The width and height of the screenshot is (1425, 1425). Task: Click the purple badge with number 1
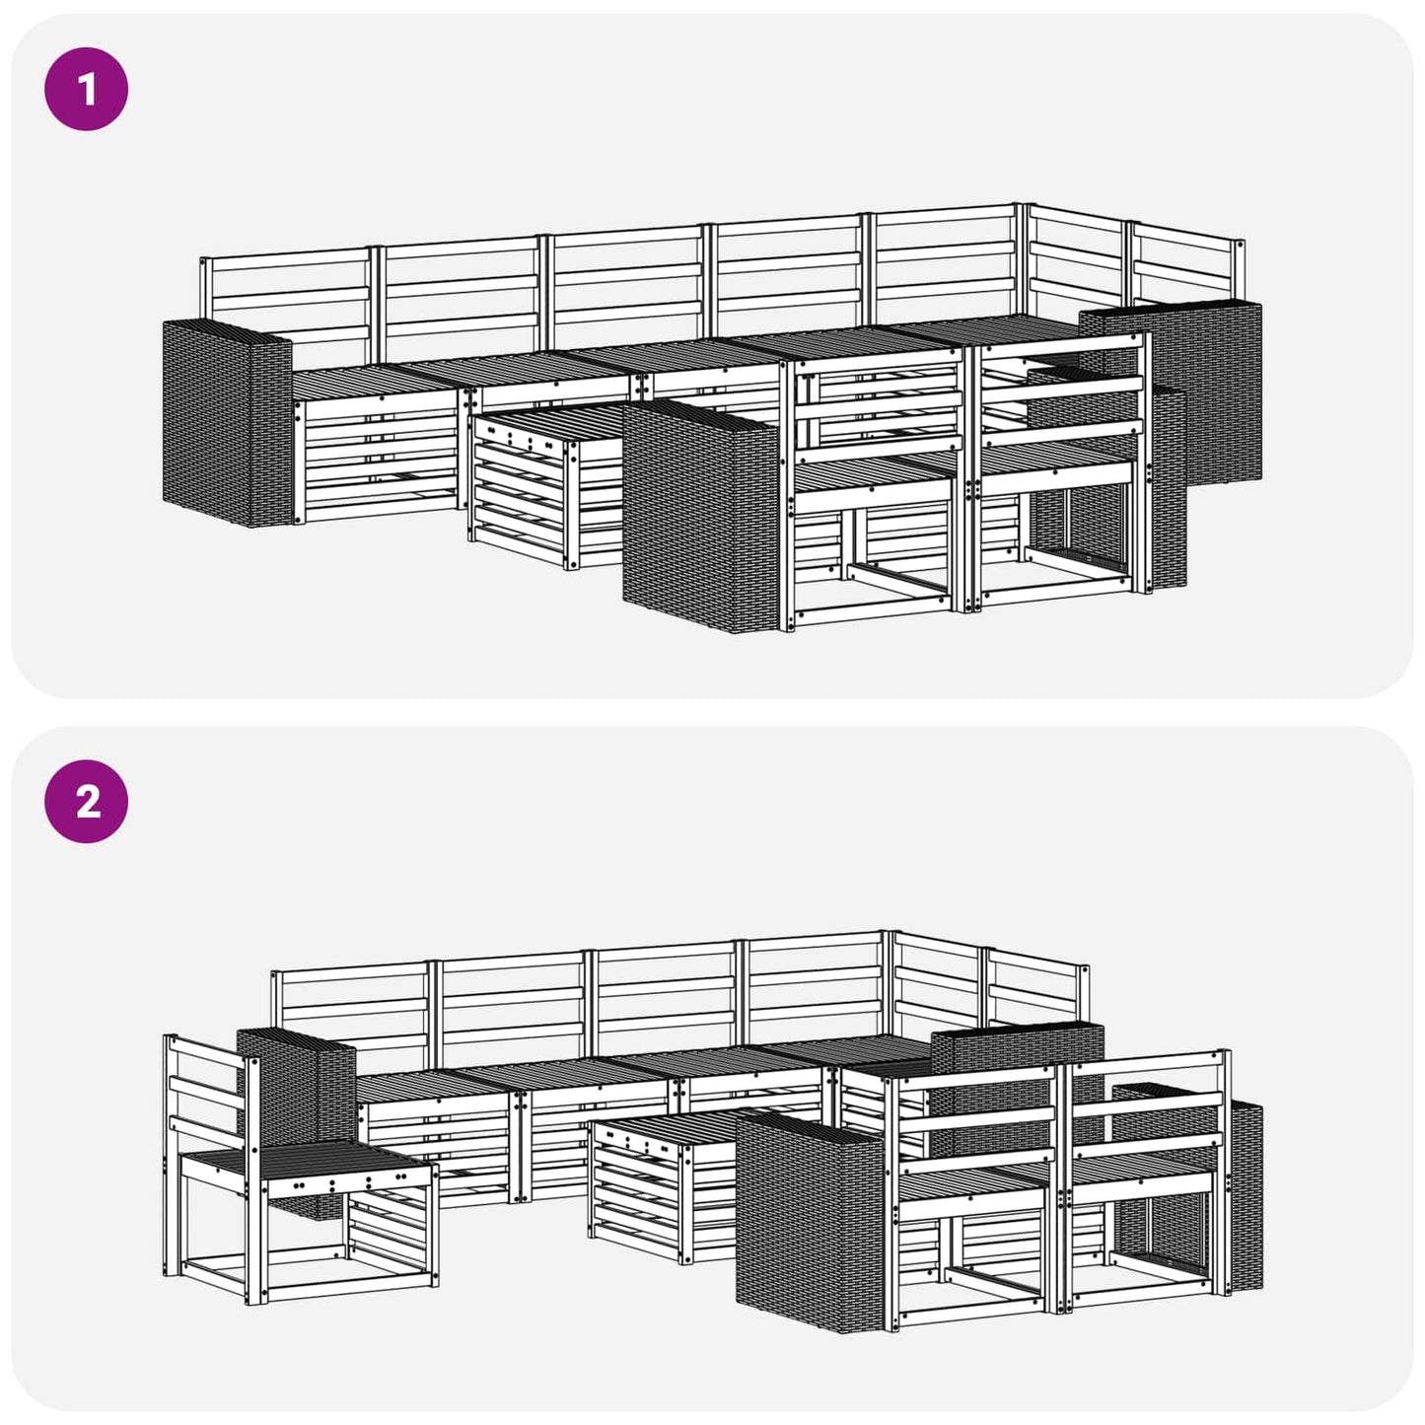[x=87, y=89]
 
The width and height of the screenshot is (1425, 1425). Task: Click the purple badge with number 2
[x=87, y=801]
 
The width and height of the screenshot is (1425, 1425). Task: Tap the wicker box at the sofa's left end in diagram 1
[x=227, y=423]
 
